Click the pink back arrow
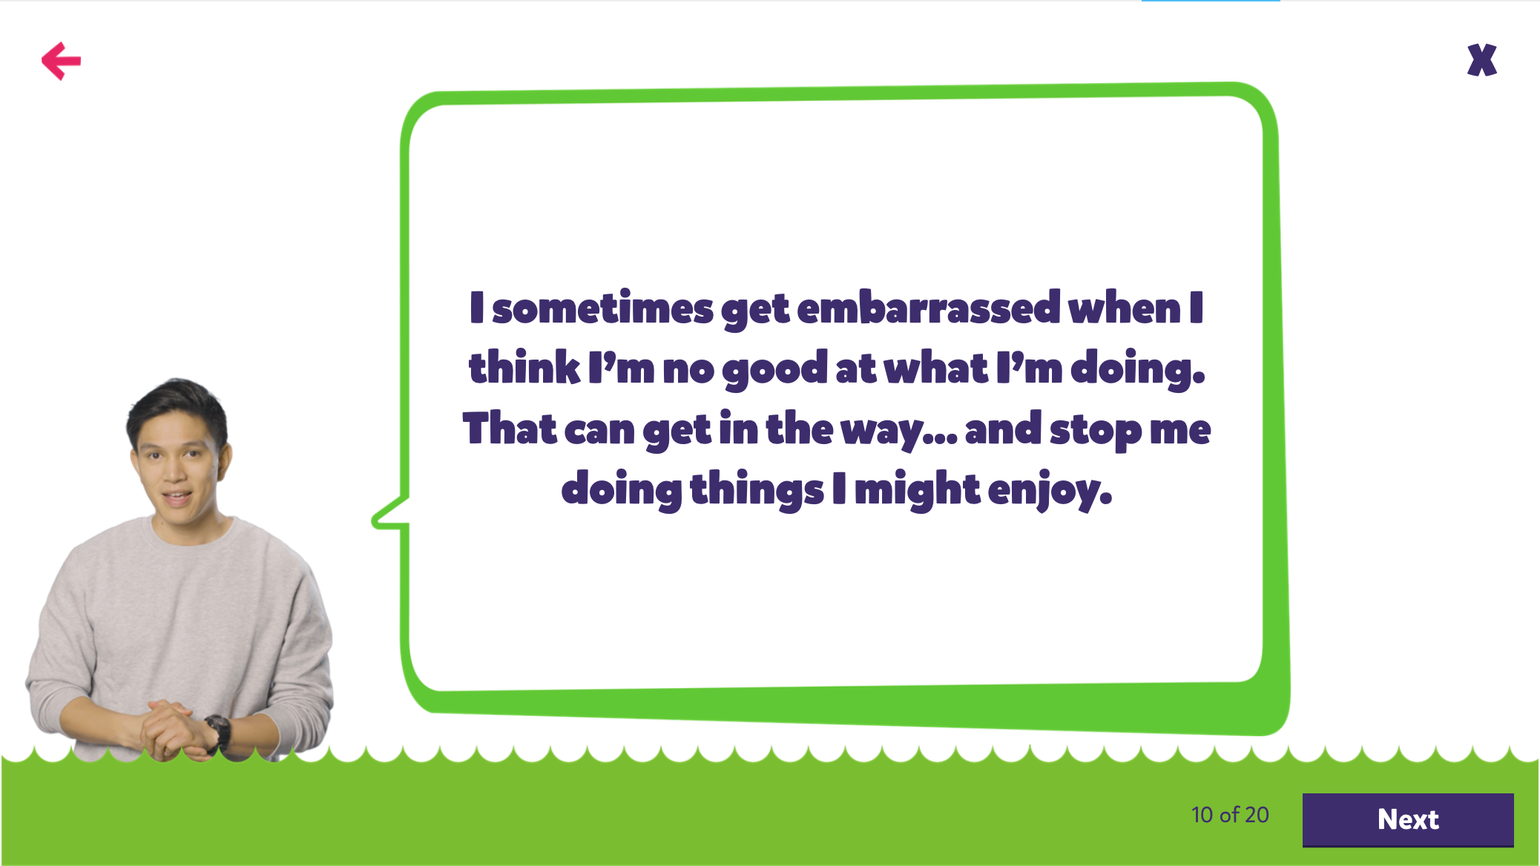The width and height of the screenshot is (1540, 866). coord(61,61)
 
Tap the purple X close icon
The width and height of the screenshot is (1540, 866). coord(1482,60)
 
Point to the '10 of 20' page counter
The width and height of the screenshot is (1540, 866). coord(1230,815)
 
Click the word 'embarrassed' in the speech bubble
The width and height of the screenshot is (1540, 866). coord(929,308)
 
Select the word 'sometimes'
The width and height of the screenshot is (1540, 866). coord(602,308)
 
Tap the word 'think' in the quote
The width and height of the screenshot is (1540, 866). coord(524,367)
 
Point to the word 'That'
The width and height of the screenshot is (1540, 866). coord(510,428)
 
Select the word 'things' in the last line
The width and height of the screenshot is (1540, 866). coord(757,490)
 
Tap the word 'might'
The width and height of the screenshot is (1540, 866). coord(918,490)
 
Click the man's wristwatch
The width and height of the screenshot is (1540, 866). coord(218,730)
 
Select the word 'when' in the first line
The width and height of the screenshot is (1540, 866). coord(1124,308)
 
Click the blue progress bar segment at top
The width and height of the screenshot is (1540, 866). coord(1211,1)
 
